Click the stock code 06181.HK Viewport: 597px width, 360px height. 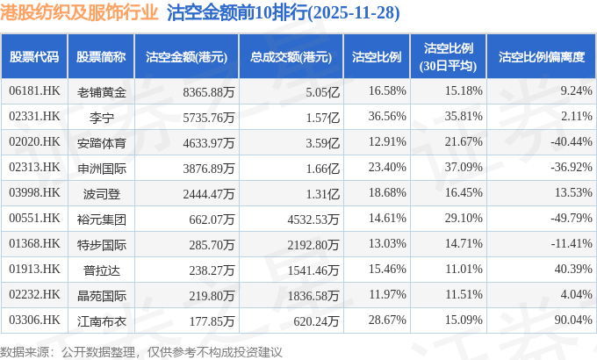(x=34, y=90)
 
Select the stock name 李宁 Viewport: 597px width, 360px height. (x=102, y=116)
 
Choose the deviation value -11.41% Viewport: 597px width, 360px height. (x=564, y=244)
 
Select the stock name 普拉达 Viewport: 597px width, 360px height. (x=102, y=270)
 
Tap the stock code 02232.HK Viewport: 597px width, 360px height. (x=34, y=296)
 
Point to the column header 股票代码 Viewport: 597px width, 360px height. (x=34, y=56)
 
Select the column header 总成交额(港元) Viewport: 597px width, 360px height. (x=291, y=56)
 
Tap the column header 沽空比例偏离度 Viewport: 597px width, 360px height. (x=541, y=56)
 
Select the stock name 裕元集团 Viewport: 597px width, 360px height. (x=102, y=218)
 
